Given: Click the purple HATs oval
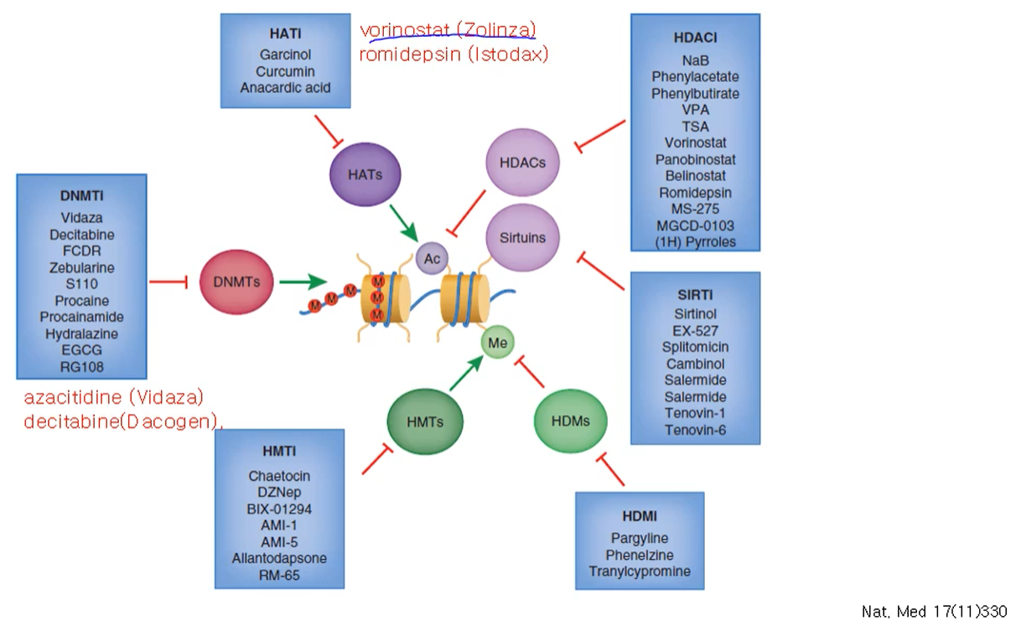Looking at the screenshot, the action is click(x=365, y=174).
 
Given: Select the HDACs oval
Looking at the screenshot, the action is click(x=522, y=163).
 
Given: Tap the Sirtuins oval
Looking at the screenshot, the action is click(x=522, y=237).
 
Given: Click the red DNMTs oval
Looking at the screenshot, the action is click(x=236, y=282).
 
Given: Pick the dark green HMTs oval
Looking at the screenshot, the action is click(x=425, y=422).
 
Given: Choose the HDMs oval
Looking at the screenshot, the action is click(x=571, y=422).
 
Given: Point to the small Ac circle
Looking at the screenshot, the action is click(x=432, y=258).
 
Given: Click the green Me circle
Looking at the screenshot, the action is click(x=498, y=342).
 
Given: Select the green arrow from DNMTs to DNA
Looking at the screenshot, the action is click(x=303, y=282).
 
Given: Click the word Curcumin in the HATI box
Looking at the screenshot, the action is click(x=285, y=71).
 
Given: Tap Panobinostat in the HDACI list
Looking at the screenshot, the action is click(x=695, y=159).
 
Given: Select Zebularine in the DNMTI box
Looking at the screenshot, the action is click(x=81, y=267).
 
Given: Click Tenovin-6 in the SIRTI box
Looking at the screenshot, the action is click(x=695, y=430).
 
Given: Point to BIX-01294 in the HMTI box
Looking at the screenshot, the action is click(x=279, y=509).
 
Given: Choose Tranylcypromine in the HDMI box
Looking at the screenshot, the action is click(x=640, y=572).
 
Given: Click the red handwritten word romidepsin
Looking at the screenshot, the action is click(x=410, y=54).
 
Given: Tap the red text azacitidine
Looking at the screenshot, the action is click(x=73, y=397).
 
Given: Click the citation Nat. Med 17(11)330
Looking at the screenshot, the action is click(x=935, y=612).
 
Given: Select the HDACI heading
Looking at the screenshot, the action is click(x=695, y=37).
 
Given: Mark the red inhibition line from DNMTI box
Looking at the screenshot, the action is click(x=168, y=282).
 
